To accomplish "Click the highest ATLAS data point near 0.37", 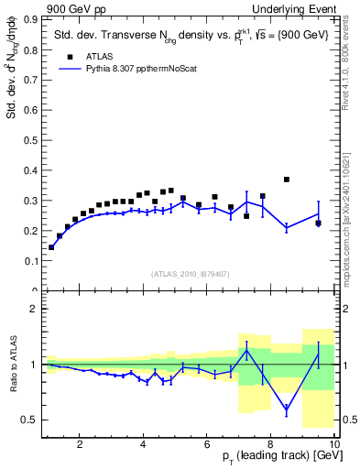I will [x=287, y=180].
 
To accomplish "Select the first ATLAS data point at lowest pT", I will [x=51, y=247].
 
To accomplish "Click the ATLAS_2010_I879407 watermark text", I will [x=189, y=273].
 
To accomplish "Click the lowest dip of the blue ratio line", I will [x=287, y=409].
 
